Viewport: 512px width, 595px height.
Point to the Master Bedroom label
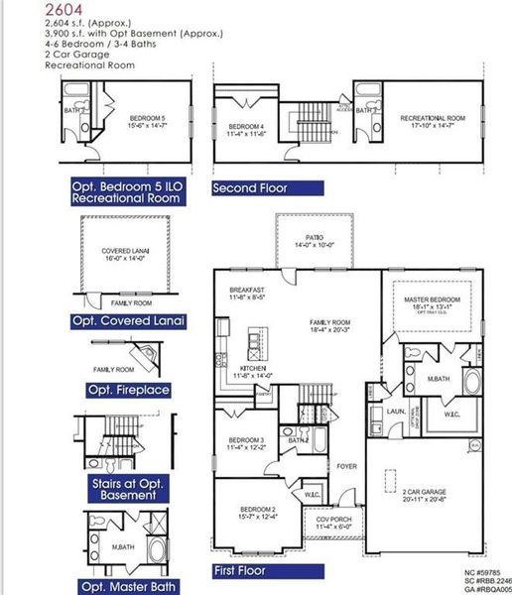tap(431, 302)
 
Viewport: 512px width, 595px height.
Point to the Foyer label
tap(346, 465)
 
